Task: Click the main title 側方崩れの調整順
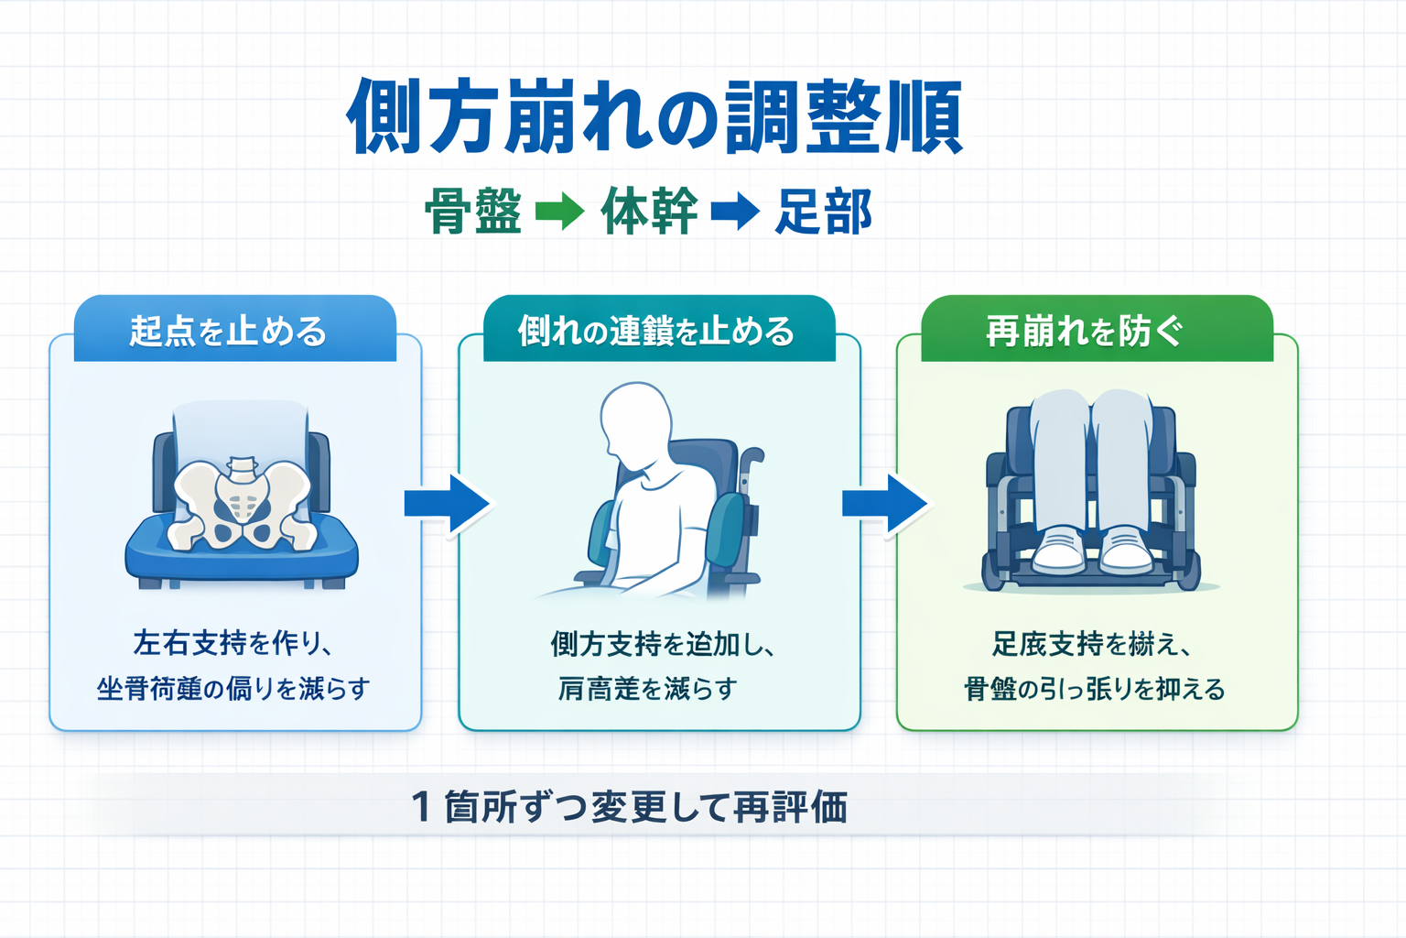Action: click(654, 117)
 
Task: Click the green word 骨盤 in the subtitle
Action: click(473, 212)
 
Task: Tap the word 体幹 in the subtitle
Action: click(649, 212)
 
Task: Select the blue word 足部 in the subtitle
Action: click(823, 212)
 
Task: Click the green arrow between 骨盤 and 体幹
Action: click(559, 212)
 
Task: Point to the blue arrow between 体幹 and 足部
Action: click(735, 212)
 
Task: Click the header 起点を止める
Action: click(228, 331)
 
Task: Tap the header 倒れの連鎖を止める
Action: click(656, 331)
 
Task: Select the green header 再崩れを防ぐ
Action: click(1084, 331)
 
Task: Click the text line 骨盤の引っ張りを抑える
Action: click(1094, 689)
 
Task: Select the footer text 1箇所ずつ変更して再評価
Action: click(630, 807)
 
